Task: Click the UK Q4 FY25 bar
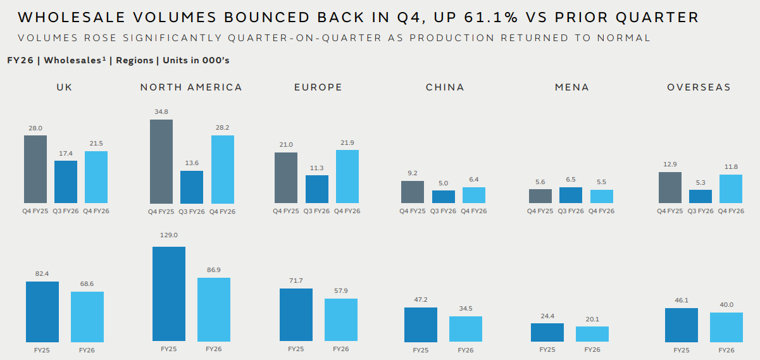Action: (x=35, y=170)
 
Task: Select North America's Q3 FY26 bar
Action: (x=192, y=187)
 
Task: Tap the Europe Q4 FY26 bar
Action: (x=347, y=177)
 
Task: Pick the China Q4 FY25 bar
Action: (x=412, y=192)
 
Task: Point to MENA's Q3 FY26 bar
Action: (x=571, y=195)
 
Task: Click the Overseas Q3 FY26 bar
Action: (x=701, y=197)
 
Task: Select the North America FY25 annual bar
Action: (x=169, y=294)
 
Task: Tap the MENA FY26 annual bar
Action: (x=592, y=334)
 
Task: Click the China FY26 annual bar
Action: (x=466, y=329)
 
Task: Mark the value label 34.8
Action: (x=161, y=111)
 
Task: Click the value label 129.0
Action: (x=168, y=235)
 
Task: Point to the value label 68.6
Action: (x=87, y=283)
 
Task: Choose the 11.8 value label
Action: (x=731, y=166)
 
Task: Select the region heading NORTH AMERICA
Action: (x=191, y=87)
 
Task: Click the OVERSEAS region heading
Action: (x=699, y=87)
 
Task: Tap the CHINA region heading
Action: (x=445, y=87)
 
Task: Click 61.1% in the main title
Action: (x=491, y=17)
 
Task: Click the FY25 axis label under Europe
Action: (x=296, y=349)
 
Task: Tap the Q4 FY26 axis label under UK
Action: (x=96, y=211)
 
